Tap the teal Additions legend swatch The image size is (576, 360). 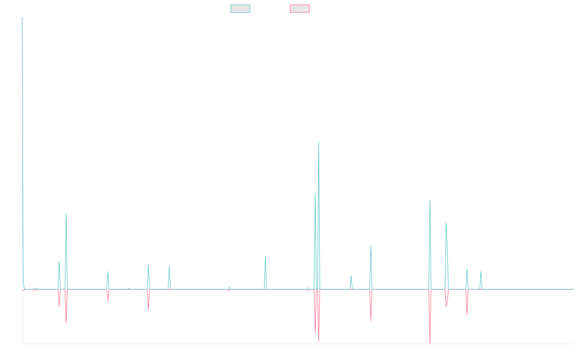(240, 9)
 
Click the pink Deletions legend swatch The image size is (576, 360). (300, 9)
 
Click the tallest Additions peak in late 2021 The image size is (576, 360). (319, 142)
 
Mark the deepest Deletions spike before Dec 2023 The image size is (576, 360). (430, 343)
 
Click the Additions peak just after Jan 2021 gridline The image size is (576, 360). (265, 256)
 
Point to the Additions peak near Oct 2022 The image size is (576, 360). (371, 246)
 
